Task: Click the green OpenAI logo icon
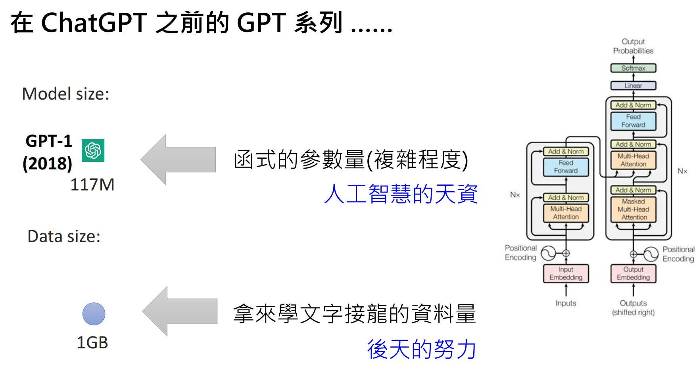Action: (93, 150)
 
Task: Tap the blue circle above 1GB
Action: (94, 314)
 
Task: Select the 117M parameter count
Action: (92, 185)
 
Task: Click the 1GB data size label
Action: (92, 342)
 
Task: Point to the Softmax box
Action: (633, 68)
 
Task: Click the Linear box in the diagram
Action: (633, 86)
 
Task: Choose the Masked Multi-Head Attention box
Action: (633, 209)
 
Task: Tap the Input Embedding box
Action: (566, 273)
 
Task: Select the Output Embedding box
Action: (633, 273)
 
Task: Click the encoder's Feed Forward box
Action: (566, 167)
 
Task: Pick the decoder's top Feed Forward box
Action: (633, 121)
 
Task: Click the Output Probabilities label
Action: (633, 46)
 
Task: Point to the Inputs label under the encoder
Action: (566, 303)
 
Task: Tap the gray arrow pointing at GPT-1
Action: (178, 159)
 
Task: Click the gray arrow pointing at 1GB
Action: (180, 311)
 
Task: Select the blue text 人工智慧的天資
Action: (401, 194)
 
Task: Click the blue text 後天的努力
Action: (421, 349)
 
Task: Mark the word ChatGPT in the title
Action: (94, 23)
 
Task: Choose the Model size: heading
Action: (65, 94)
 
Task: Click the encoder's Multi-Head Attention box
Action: (566, 213)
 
